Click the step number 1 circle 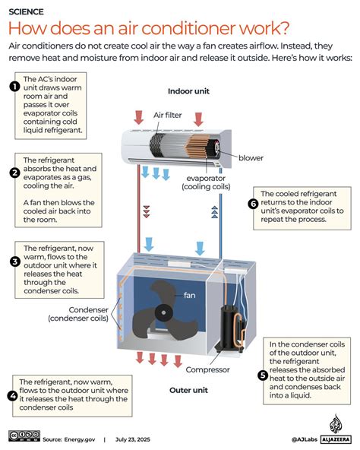coord(14,87)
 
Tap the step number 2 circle coord(14,173)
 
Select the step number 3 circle coord(15,261)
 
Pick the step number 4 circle coord(13,396)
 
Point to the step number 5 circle coord(263,375)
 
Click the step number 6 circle coord(253,204)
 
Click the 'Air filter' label coord(168,115)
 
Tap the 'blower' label coord(251,158)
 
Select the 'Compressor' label coord(207,369)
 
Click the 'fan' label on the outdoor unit coord(190,295)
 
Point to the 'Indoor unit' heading coord(188,91)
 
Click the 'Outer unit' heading coord(188,390)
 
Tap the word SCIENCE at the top coord(26,11)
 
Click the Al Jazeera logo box coord(336,439)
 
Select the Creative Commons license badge coord(24,436)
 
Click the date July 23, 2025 coord(133,439)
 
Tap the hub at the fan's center coord(163,312)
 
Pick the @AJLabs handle coord(305,439)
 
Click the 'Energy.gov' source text coord(80,439)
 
